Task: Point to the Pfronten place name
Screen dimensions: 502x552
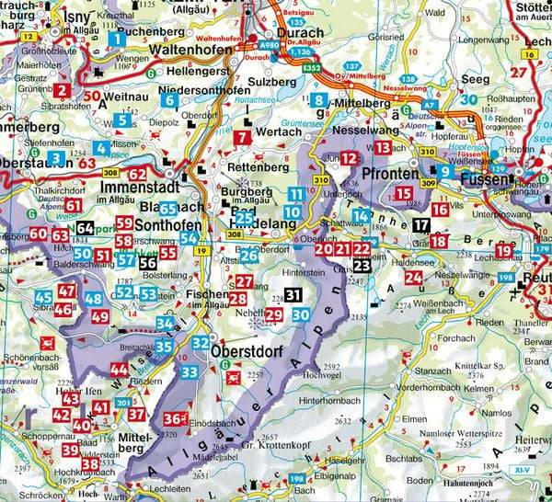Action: [x=392, y=173]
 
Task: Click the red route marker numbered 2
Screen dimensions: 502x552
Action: [x=61, y=90]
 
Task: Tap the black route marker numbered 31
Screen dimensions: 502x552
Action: [x=293, y=295]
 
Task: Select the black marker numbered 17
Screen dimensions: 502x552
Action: [x=420, y=225]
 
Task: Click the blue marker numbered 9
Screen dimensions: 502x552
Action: [x=445, y=170]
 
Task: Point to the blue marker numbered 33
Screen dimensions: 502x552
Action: [x=190, y=371]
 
